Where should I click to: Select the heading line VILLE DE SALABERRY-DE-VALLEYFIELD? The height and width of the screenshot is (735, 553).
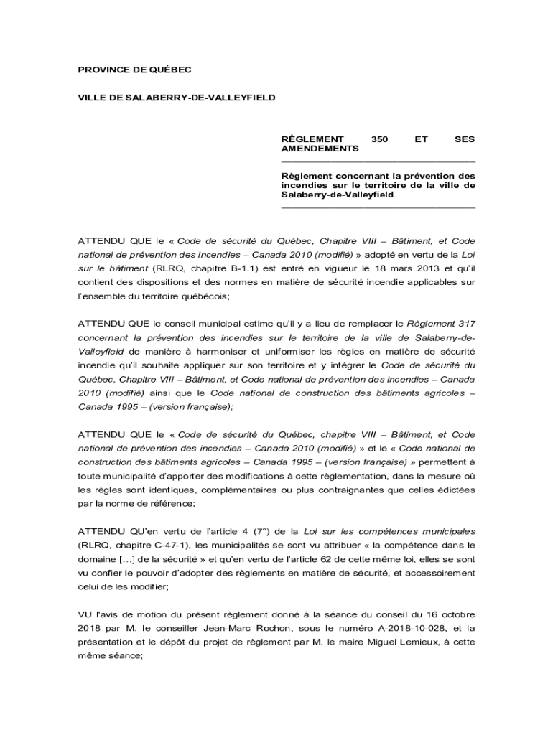point(176,96)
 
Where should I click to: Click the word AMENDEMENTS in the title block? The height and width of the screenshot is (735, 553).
point(320,149)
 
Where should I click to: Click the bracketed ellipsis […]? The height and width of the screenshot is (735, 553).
point(131,558)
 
